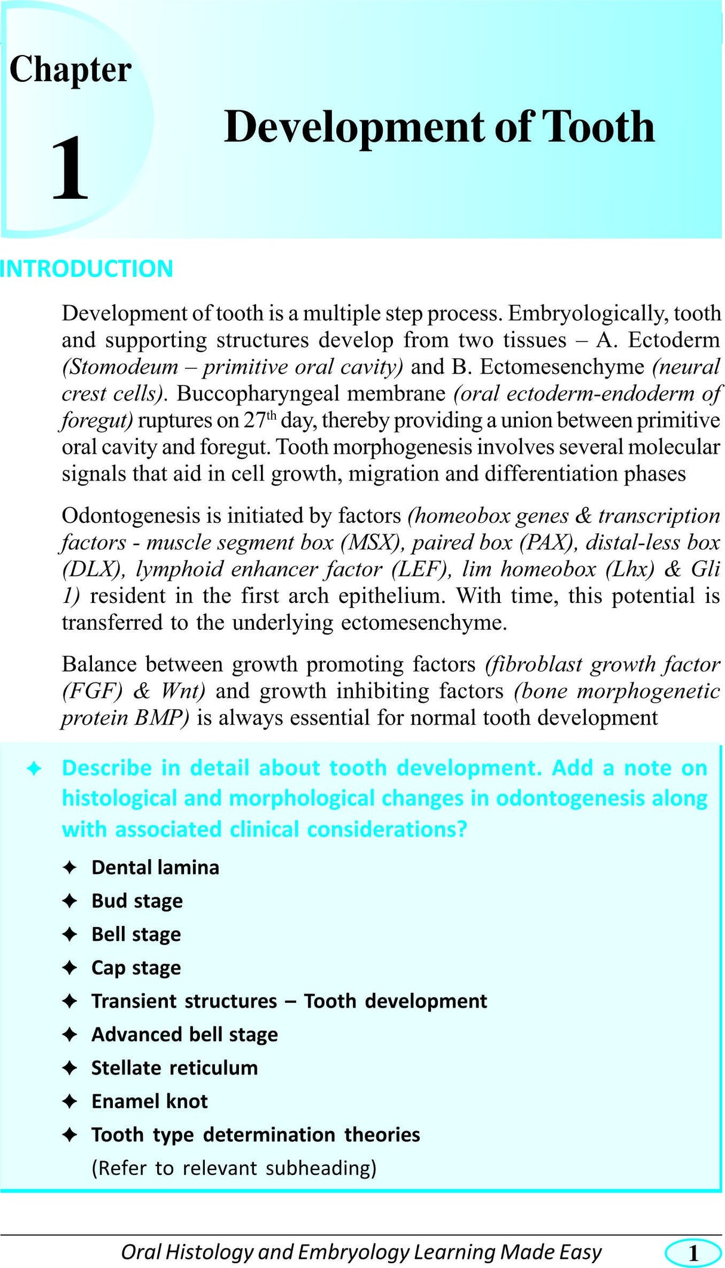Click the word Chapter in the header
pos(70,70)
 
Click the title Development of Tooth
pos(439,127)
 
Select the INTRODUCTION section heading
pos(87,269)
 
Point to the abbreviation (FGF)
pos(92,691)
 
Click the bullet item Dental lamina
pos(155,867)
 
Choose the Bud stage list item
pos(137,901)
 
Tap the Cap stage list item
pos(136,968)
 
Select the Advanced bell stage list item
pos(184,1035)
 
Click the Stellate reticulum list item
pos(174,1068)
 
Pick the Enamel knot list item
pos(149,1101)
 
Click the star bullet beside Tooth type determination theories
pos(70,1135)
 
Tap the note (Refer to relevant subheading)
pos(234,1168)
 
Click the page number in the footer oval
pos(693,1252)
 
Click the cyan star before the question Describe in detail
pos(34,769)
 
